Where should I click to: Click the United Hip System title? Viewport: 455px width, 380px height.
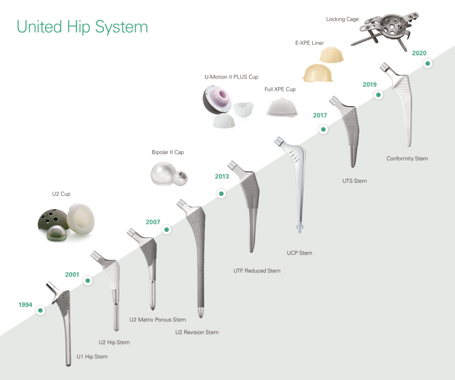82,26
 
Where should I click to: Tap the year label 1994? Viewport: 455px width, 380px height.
26,305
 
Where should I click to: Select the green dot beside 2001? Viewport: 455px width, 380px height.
88,281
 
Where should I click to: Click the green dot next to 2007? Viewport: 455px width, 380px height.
167,230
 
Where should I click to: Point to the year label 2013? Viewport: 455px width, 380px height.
222,176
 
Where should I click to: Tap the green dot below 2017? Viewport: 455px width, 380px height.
323,130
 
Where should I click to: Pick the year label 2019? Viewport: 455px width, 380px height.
369,85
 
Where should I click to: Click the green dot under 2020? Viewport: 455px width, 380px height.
427,64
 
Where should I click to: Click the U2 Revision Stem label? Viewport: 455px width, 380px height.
197,332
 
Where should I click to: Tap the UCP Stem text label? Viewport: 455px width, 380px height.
299,253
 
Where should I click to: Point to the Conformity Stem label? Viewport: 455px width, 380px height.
407,158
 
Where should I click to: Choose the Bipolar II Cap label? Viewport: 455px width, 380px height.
168,152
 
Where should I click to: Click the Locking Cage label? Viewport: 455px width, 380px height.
342,20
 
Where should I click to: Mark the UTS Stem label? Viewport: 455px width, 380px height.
354,181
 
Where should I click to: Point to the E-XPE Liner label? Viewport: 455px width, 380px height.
310,43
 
